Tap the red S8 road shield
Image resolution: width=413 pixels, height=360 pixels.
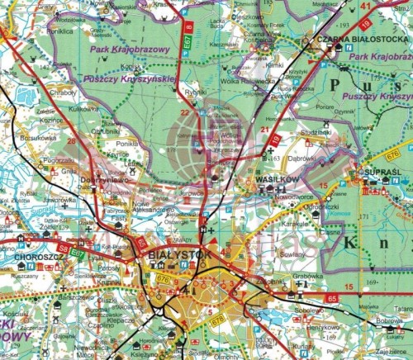tap(63, 245)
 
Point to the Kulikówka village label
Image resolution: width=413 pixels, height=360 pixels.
tap(83, 108)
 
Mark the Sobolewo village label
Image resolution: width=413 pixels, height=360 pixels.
tap(308, 313)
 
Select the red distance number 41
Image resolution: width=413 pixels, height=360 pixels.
tap(366, 7)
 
